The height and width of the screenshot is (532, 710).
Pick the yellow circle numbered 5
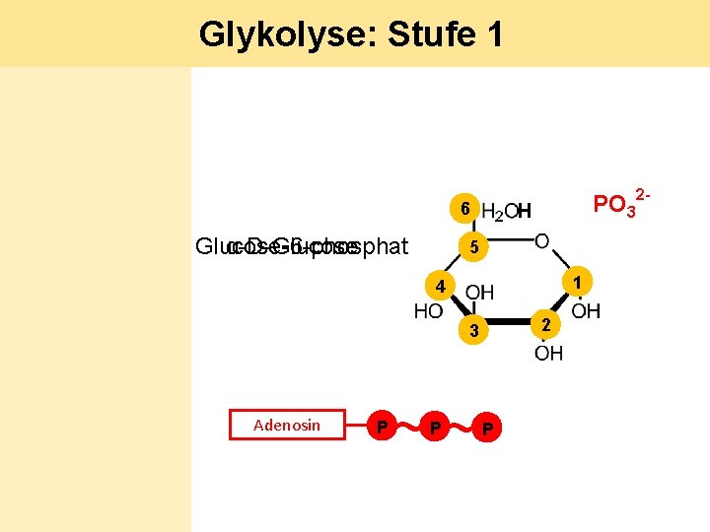coord(473,248)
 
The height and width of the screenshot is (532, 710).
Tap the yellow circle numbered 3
coord(473,332)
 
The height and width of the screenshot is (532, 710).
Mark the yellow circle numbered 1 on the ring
coord(581,284)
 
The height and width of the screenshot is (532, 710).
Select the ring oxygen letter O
coord(542,241)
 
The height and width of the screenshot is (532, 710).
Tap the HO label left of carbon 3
coord(428,312)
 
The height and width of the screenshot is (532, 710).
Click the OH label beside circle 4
coord(480,292)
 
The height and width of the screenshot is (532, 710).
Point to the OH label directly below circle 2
coord(549,353)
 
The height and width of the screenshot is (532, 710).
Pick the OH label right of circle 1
coord(586,312)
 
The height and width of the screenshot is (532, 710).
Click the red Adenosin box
coord(287,425)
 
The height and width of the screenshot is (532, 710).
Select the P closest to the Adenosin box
coord(382,426)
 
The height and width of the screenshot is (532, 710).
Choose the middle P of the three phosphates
coord(434,426)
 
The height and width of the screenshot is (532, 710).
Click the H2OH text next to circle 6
coord(507,212)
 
